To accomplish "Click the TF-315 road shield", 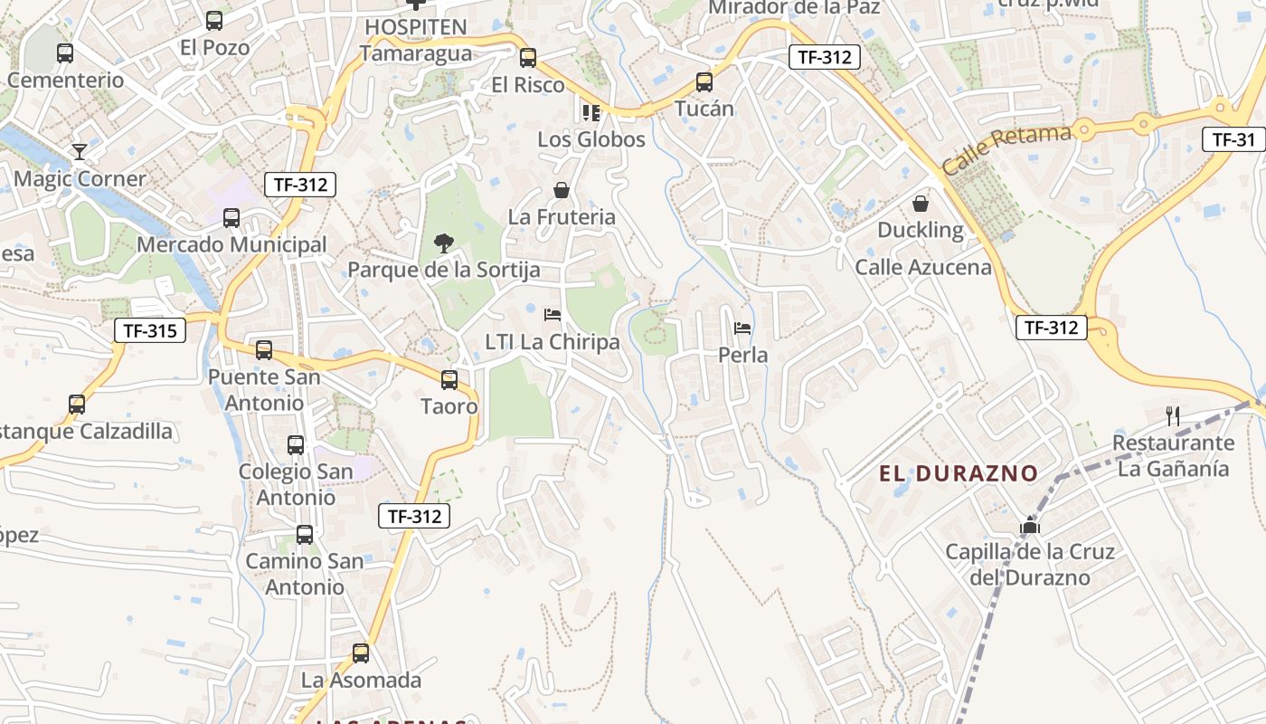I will [150, 330].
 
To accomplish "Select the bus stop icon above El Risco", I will [528, 58].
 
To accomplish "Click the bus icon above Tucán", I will [704, 82].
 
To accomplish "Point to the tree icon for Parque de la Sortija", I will [443, 243].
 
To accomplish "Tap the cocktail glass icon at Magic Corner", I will [80, 151].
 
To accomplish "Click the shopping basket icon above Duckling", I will [921, 204].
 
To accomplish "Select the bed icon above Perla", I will [742, 328].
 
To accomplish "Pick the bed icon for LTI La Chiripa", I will [553, 315].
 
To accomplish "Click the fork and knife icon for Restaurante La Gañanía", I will [1174, 416].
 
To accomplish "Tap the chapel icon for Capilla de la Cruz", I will [1029, 525].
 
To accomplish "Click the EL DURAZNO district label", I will [958, 473].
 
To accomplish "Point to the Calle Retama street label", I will [1006, 150].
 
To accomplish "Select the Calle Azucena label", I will [923, 267].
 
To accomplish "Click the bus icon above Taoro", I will [449, 380].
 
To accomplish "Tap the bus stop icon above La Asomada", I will [361, 653].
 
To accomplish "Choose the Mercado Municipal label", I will [231, 244].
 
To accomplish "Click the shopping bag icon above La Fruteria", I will [562, 190].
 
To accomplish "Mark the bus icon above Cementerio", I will [65, 53].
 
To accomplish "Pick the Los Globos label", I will [591, 139].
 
